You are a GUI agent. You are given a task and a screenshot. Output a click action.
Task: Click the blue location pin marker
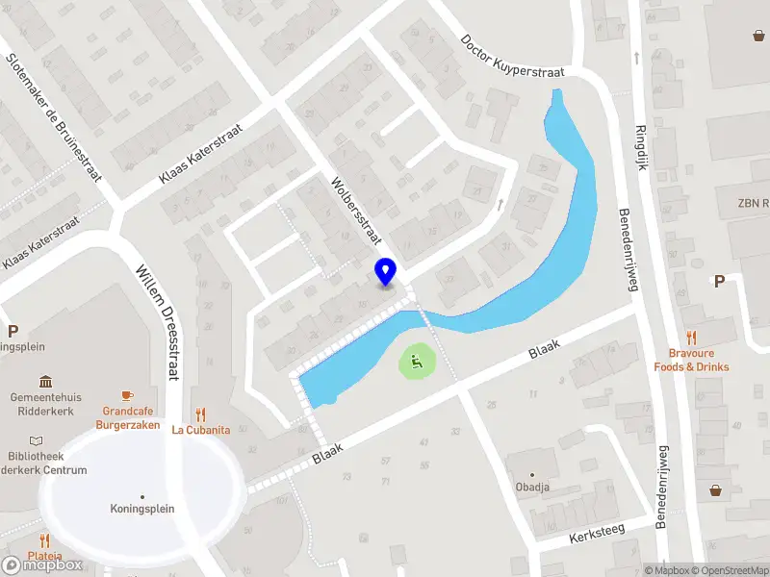click(385, 271)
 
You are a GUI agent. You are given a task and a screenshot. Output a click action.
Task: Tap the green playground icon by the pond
click(416, 363)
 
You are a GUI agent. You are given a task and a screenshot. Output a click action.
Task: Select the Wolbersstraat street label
click(356, 211)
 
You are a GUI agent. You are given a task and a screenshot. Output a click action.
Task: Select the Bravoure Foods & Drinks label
click(691, 360)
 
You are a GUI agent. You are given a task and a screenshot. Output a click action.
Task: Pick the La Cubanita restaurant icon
click(200, 414)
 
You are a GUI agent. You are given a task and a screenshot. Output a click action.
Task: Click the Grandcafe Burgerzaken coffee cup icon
click(126, 395)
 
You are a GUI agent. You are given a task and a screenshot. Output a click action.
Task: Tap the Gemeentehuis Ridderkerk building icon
click(45, 382)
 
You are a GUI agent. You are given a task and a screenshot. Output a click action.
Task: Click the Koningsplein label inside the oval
click(141, 508)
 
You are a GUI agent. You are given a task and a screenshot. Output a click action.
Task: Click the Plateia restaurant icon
click(44, 540)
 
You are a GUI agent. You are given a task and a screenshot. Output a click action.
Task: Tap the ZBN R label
click(754, 203)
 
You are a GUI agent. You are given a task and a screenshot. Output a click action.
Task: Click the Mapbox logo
click(42, 565)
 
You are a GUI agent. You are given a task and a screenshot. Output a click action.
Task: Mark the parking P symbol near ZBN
click(718, 281)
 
